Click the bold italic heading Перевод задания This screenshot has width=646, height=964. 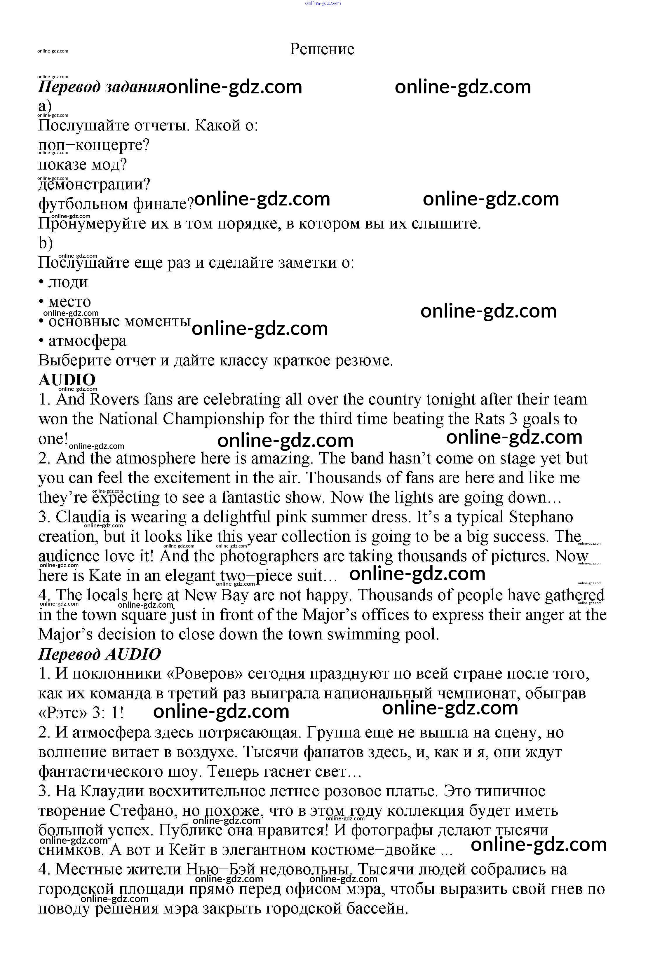coord(102,87)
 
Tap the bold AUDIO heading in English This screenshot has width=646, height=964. coord(67,380)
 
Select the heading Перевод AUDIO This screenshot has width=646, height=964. coord(99,654)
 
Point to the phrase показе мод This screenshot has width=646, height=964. coord(82,165)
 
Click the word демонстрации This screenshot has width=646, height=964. coord(94,184)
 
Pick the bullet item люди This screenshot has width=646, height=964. coord(68,282)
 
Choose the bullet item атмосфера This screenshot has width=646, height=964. coord(87,341)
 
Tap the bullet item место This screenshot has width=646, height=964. coord(69,302)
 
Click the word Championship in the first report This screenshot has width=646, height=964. coord(213,419)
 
